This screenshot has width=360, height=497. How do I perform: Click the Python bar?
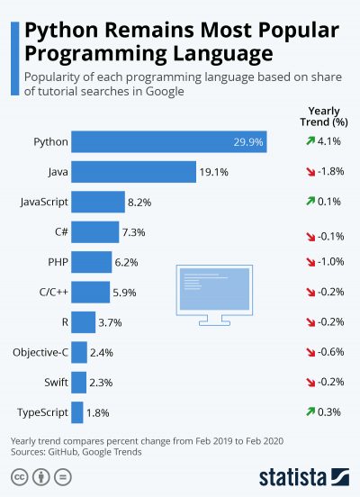point(168,141)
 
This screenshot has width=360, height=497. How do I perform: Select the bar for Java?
point(133,171)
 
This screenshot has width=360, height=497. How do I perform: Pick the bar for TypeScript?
point(77,412)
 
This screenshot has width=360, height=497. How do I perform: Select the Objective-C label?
point(38,352)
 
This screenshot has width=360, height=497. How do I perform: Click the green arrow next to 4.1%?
point(310,141)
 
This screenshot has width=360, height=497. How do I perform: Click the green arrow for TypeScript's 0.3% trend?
point(310,412)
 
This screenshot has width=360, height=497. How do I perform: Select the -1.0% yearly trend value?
point(333,262)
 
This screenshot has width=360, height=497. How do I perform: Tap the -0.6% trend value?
point(333,352)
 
